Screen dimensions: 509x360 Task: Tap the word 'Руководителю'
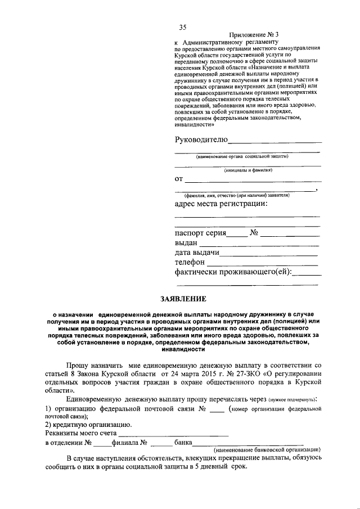tap(201, 140)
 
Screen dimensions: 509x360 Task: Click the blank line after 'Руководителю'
tap(274, 142)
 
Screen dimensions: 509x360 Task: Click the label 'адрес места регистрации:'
tap(221, 204)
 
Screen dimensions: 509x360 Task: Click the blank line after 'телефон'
tap(263, 264)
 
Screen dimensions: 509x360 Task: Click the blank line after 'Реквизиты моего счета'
tap(174, 435)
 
